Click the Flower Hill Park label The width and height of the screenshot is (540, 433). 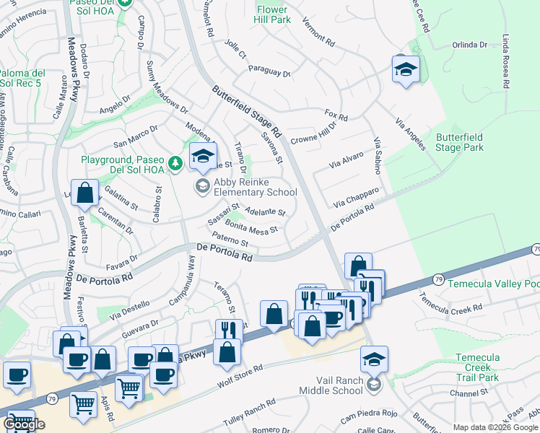272,14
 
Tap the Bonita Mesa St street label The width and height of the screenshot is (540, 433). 252,229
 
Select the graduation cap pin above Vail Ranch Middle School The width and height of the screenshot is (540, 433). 374,359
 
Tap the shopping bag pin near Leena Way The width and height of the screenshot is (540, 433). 85,193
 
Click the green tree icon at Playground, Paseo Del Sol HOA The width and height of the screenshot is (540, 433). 175,165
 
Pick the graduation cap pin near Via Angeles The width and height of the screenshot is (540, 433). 406,69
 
